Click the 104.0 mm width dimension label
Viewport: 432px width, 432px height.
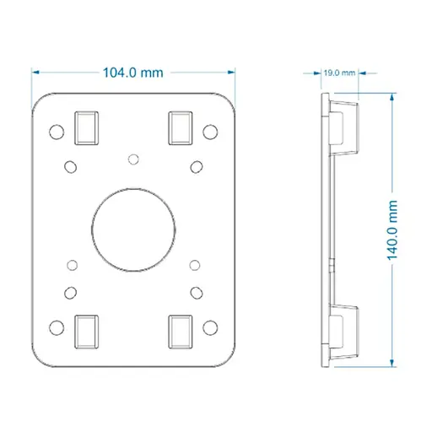pos(133,73)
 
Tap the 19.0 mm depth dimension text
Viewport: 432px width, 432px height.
pos(339,73)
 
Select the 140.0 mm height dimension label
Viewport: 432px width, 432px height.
pos(392,230)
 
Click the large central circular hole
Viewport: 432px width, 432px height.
pos(133,229)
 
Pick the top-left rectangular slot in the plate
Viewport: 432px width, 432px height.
pos(86,128)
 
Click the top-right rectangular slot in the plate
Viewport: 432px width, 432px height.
pos(181,128)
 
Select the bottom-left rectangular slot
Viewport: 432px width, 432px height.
pos(86,332)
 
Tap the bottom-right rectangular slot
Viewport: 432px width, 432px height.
pos(181,332)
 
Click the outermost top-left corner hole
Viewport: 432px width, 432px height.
pos(57,132)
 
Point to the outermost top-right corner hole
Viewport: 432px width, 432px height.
pos(210,132)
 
